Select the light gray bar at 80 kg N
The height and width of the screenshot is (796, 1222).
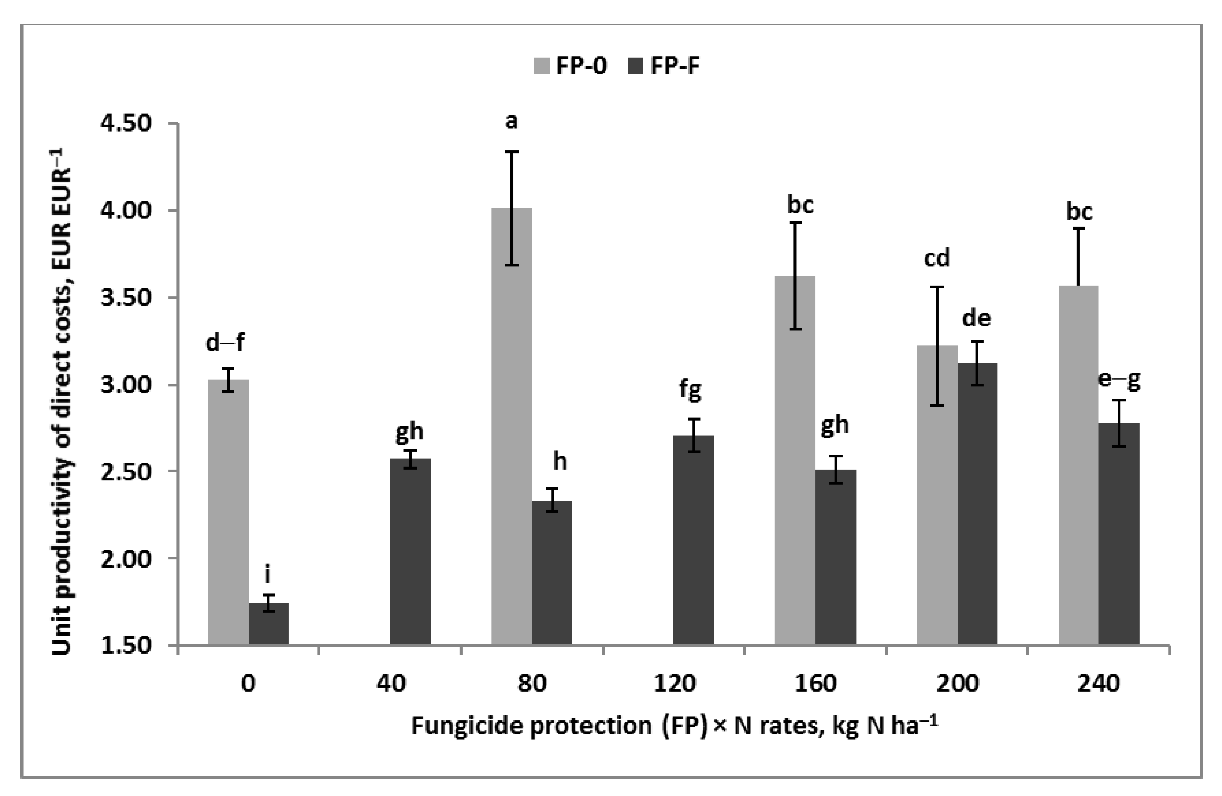point(512,426)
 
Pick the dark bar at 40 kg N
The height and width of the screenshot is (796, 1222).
point(410,551)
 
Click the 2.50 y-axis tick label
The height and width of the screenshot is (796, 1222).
point(126,472)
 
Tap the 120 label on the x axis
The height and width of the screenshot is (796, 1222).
point(674,683)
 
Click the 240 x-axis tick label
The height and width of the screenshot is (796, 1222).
point(1098,683)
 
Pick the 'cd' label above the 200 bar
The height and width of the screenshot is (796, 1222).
point(937,258)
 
